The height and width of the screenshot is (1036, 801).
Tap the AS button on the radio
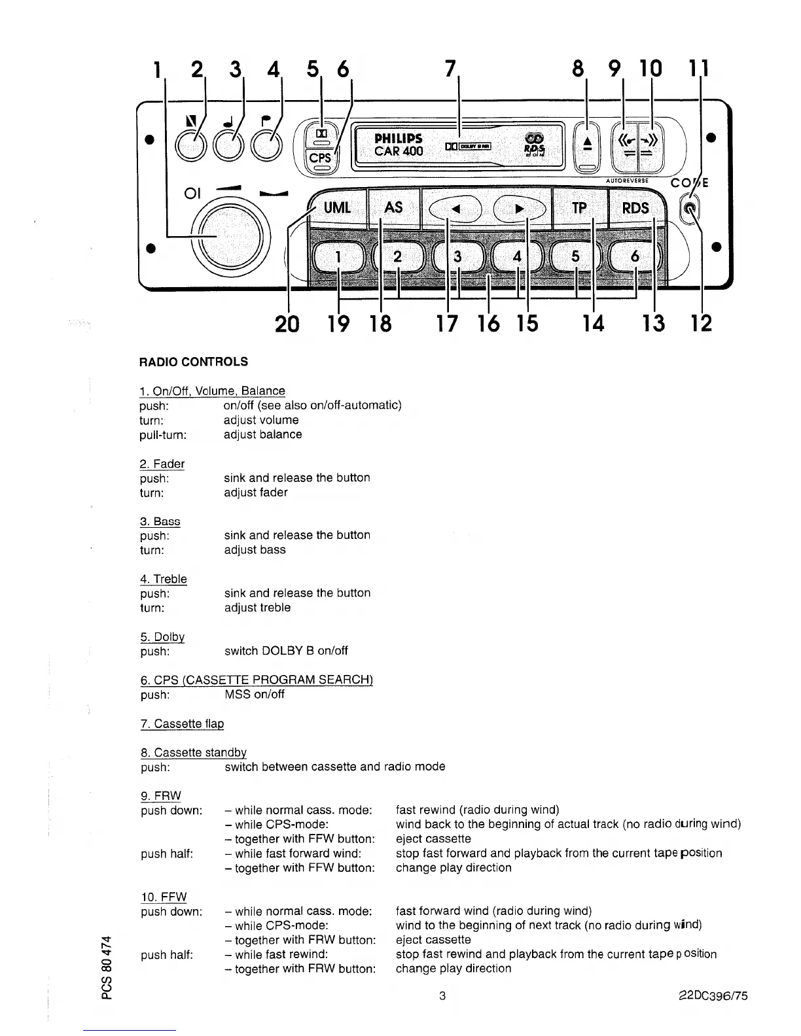[x=393, y=207]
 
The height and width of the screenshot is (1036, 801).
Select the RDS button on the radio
[x=635, y=208]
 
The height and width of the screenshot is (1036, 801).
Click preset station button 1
[x=338, y=257]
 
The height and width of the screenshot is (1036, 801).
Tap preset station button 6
[x=634, y=257]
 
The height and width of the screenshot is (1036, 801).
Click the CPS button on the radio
[x=321, y=158]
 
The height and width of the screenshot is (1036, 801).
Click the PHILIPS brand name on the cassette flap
[x=398, y=139]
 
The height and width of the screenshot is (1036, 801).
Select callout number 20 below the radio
[x=288, y=323]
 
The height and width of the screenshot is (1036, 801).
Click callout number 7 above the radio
[x=450, y=68]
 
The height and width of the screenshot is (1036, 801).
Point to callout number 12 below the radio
[x=702, y=323]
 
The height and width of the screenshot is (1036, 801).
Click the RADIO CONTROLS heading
[x=194, y=362]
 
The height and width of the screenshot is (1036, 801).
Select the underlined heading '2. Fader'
[x=162, y=464]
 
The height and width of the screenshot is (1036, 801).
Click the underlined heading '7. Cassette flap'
[x=182, y=723]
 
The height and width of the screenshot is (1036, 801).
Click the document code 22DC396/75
[x=712, y=996]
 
